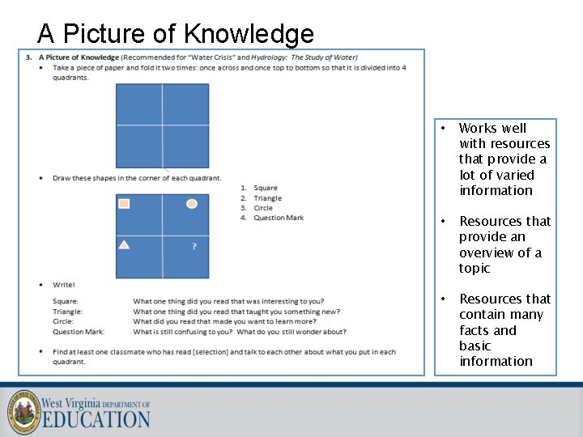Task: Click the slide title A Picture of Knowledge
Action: click(176, 34)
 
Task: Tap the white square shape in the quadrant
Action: click(124, 204)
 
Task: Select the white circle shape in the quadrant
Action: click(192, 204)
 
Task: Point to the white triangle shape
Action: click(124, 244)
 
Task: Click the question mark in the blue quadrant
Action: click(194, 245)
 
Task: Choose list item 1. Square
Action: click(266, 188)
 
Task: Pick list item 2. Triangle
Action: click(267, 197)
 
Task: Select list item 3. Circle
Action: click(263, 208)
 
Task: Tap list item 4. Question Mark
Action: click(279, 218)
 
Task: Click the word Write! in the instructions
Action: click(64, 285)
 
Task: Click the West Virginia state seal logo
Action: click(23, 413)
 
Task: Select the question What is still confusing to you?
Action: click(183, 331)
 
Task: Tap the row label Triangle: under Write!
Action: click(67, 312)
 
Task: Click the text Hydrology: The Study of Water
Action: click(304, 57)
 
